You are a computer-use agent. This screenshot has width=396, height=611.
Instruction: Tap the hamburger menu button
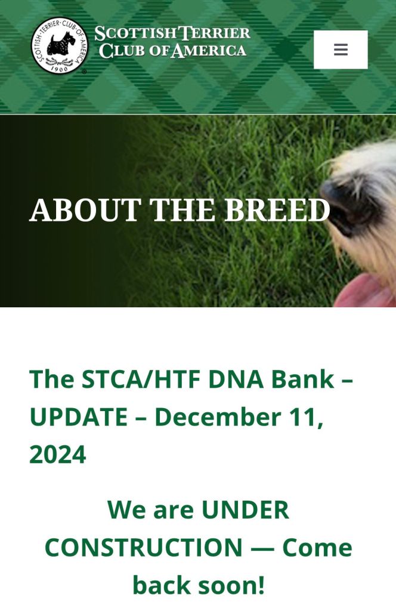coord(341,50)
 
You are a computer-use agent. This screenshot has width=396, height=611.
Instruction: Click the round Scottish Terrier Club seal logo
coord(60,45)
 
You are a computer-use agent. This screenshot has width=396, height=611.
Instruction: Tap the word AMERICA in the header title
coord(208,51)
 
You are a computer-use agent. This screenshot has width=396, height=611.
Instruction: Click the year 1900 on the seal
coord(60,69)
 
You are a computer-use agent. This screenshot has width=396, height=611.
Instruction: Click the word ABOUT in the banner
coord(85,210)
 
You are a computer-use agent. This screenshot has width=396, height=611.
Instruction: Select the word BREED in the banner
coord(277,210)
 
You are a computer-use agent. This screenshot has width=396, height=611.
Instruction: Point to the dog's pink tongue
coord(364,291)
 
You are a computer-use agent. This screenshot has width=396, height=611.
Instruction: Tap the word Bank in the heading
coord(302,379)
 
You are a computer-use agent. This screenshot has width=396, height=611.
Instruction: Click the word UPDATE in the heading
coord(78,416)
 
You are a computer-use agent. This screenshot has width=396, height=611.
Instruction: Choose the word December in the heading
coord(217,416)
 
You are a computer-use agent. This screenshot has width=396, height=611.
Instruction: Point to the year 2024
coord(58,454)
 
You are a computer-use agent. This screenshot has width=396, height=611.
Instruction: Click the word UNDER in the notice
coord(245,510)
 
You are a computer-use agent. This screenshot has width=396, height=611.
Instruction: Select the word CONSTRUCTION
coord(144,548)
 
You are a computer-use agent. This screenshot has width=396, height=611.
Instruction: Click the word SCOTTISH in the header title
coord(135,33)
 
